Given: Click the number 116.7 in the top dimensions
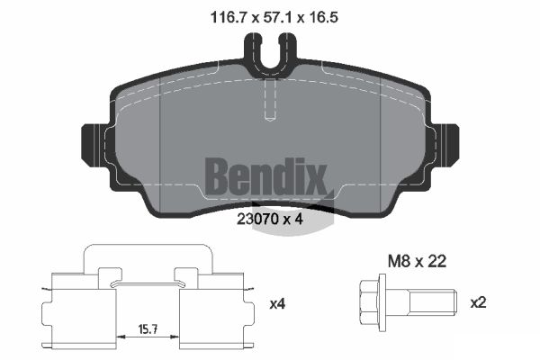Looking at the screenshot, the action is click(229, 17).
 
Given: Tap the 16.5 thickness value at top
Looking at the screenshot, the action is click(323, 17).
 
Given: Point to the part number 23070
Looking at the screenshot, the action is click(258, 219).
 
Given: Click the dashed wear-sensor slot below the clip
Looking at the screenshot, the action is click(270, 99).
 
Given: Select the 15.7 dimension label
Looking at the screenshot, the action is click(148, 329).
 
